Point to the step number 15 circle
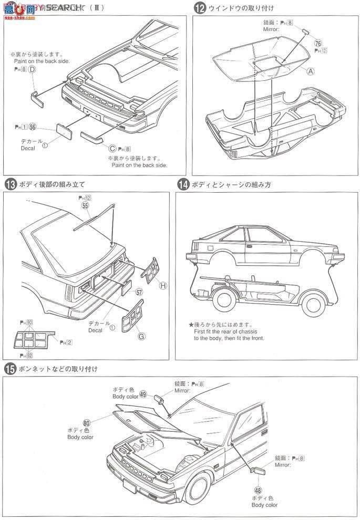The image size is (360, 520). (9, 369)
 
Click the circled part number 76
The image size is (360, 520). (318, 43)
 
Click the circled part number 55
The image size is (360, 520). (85, 206)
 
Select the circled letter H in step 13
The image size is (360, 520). (163, 285)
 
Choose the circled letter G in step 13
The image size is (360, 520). (127, 337)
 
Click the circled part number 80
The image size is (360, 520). (87, 422)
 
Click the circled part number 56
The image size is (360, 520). (33, 127)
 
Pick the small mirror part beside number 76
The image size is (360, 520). (305, 32)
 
